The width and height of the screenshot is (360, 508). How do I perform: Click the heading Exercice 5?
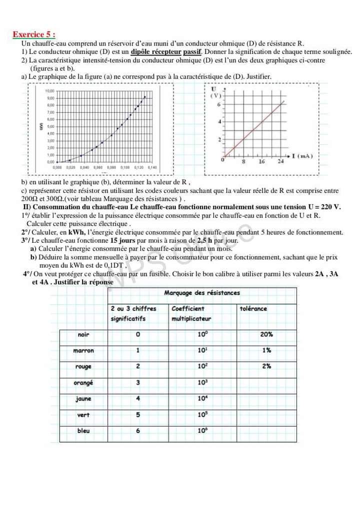pyautogui.click(x=34, y=35)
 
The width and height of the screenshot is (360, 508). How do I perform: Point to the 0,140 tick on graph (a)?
pyautogui.click(x=152, y=168)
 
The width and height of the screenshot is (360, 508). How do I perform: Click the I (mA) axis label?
pyautogui.click(x=301, y=156)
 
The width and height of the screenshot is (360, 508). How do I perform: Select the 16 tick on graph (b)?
pyautogui.click(x=261, y=162)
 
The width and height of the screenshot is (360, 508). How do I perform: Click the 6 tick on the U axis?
pyautogui.click(x=218, y=105)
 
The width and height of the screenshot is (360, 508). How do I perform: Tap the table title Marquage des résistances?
pyautogui.click(x=202, y=293)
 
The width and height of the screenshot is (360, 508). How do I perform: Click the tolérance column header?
pyautogui.click(x=253, y=309)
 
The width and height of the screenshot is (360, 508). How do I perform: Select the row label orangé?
pyautogui.click(x=83, y=383)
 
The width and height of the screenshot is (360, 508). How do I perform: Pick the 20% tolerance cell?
pyautogui.click(x=266, y=334)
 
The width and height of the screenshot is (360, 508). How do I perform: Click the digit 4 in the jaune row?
pyautogui.click(x=138, y=399)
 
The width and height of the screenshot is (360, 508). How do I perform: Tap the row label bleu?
pyautogui.click(x=83, y=431)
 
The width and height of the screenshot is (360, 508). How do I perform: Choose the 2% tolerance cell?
pyautogui.click(x=266, y=366)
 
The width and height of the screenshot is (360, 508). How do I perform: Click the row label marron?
pyautogui.click(x=83, y=351)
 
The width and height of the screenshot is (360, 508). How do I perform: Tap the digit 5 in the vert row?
pyautogui.click(x=138, y=415)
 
